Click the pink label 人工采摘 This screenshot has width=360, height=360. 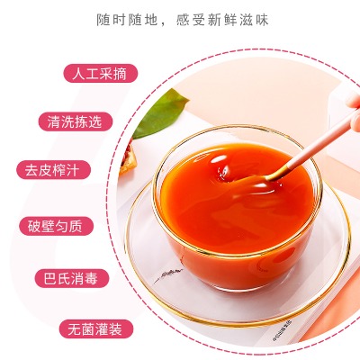101,74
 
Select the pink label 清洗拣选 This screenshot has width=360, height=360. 76,121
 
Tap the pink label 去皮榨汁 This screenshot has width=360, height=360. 53,170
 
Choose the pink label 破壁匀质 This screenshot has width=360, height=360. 56,226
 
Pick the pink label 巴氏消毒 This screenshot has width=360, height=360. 72,278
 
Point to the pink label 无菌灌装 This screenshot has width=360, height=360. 96,329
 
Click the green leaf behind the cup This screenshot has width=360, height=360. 160,114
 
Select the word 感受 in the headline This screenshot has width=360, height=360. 192,20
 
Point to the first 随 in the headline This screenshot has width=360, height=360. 103,20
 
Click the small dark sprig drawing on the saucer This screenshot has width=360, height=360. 168,274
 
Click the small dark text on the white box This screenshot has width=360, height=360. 283,330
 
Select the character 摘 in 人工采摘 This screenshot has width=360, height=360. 121,74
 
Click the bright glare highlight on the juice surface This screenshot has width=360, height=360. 219,159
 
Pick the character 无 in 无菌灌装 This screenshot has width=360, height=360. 75,329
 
